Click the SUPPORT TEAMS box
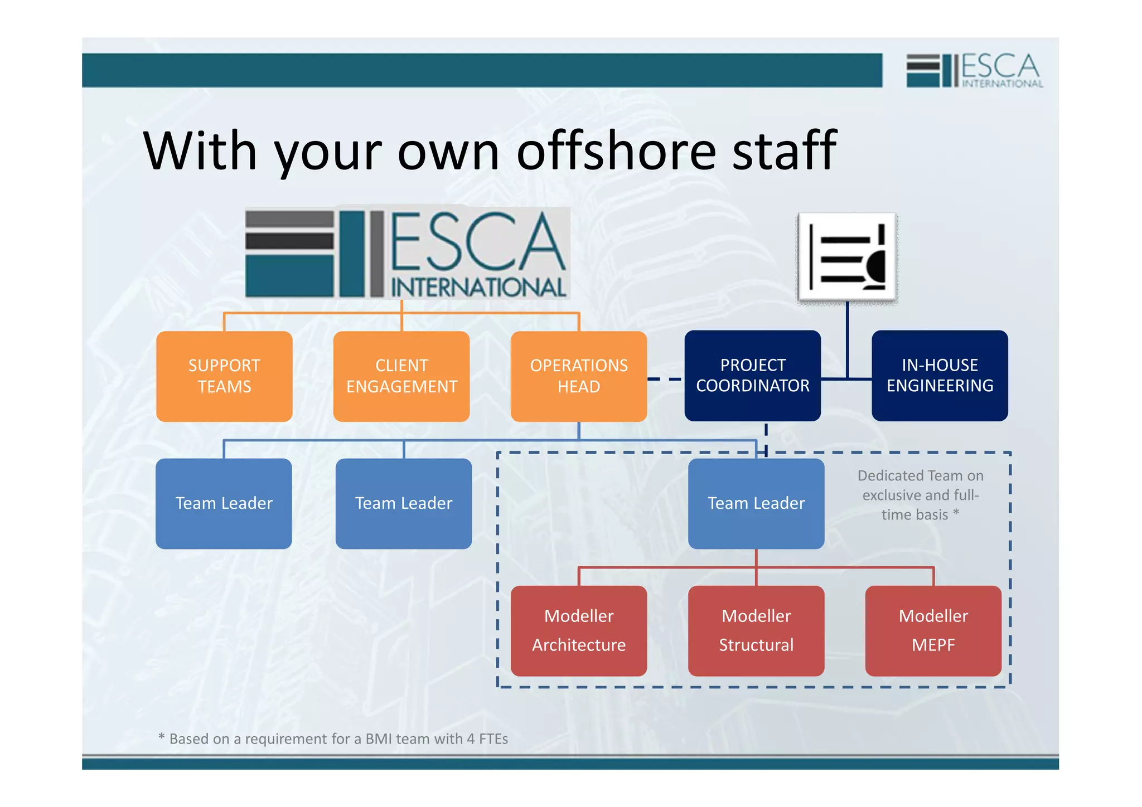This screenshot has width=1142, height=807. point(224,376)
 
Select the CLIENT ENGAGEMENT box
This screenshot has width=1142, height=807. point(401,376)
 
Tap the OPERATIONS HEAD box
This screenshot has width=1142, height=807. point(579,376)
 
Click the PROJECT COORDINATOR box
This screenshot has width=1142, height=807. point(752,376)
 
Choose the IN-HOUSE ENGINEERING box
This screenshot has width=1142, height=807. point(940,376)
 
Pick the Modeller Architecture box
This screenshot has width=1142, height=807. point(579,631)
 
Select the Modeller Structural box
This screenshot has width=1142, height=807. point(756,631)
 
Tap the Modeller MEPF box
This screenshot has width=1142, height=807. point(933,631)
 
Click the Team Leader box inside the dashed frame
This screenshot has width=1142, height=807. point(756,503)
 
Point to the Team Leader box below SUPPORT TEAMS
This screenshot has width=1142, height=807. point(224,503)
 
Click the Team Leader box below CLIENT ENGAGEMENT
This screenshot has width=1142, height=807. point(404,503)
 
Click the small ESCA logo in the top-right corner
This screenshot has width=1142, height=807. point(974,70)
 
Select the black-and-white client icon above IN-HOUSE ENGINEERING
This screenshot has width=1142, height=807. point(847,257)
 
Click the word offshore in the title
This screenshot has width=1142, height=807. point(616,150)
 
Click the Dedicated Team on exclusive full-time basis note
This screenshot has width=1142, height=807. point(920,495)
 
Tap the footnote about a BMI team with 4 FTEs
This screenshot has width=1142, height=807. point(333,739)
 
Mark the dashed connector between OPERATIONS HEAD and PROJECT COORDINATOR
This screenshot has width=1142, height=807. point(665,379)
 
